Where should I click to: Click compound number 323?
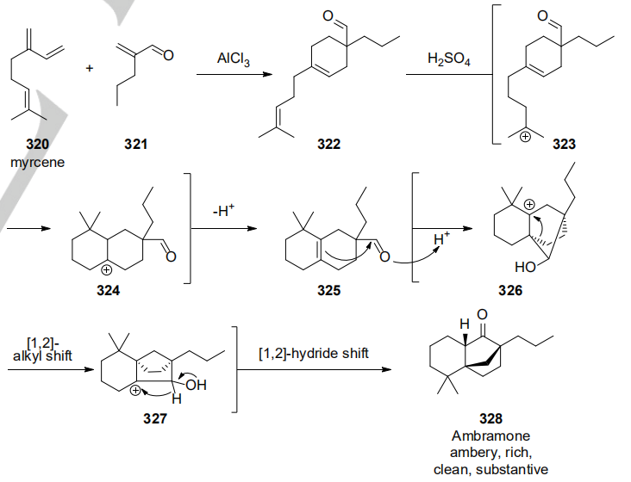(x=564, y=145)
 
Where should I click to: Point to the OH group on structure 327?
(x=196, y=385)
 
